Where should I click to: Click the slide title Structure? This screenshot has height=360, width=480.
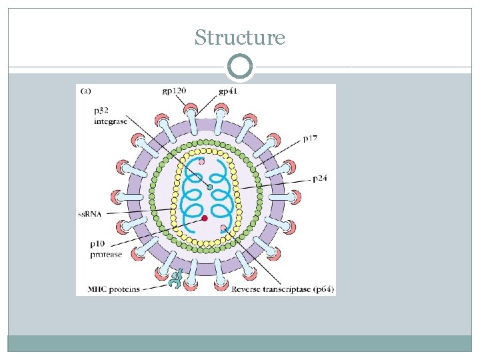click(240, 38)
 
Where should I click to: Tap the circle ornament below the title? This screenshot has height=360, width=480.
click(240, 67)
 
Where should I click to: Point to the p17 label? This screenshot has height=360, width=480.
click(311, 139)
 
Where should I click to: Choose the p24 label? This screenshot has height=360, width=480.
click(321, 179)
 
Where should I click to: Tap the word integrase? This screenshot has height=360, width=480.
click(111, 122)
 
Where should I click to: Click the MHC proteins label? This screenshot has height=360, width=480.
click(113, 289)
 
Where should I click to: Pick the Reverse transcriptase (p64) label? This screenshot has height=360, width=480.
click(283, 289)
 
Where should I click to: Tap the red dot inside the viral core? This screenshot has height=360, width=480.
click(205, 218)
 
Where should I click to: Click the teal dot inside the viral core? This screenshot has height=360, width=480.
click(209, 187)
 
